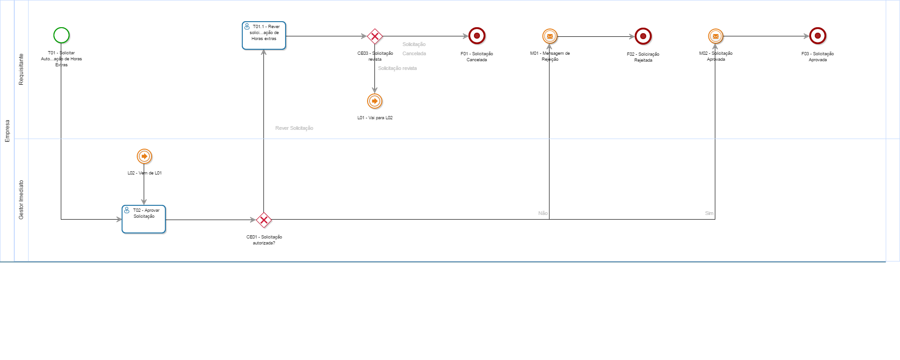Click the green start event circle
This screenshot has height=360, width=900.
(61, 35)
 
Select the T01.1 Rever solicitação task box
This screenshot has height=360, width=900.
(264, 35)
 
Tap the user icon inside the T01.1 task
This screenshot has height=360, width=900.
(247, 27)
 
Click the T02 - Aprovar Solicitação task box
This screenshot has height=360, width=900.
(144, 219)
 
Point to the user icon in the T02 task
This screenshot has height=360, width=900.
(127, 210)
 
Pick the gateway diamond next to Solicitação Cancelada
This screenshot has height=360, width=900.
(375, 36)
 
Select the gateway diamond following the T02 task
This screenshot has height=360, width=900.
(264, 220)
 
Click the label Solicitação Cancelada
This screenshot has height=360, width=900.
(414, 49)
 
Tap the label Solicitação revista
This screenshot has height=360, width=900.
(397, 68)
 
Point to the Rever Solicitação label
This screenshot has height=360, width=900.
(294, 128)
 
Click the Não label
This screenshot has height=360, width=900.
(543, 213)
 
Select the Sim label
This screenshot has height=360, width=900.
(709, 213)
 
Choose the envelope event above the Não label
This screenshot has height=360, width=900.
(549, 36)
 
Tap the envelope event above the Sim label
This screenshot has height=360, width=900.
(715, 36)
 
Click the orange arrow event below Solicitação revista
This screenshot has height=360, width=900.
(374, 101)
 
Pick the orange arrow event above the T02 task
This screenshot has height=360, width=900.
(144, 157)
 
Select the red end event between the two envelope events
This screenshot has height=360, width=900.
(643, 36)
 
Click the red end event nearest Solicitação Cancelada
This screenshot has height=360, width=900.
(477, 36)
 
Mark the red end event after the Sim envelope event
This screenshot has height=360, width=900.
(818, 36)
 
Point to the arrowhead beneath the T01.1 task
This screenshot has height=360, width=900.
(264, 52)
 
